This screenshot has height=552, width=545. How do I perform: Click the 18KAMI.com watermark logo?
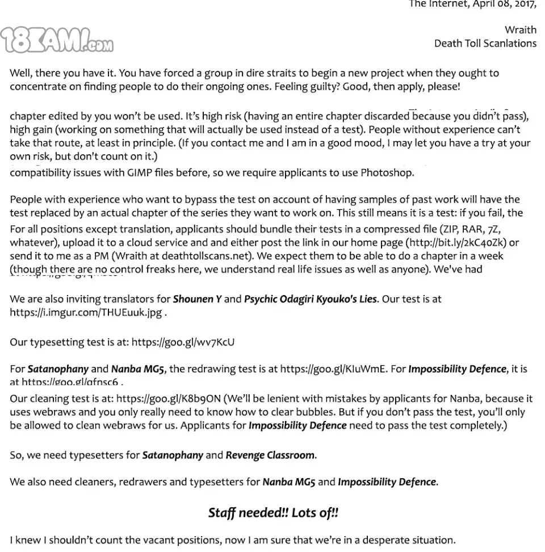click(x=57, y=41)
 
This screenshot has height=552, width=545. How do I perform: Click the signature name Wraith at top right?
click(x=520, y=30)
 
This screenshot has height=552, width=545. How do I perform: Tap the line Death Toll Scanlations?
click(x=485, y=43)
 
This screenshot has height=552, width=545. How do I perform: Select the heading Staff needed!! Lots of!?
click(x=273, y=513)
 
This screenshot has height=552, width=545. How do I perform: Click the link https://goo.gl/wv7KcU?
click(x=183, y=342)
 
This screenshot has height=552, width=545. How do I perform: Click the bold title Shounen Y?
click(x=197, y=299)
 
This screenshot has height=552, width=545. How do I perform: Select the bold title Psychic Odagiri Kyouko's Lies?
click(x=310, y=299)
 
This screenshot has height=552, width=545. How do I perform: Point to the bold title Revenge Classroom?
click(x=270, y=455)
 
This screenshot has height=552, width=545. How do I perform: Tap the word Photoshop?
click(x=387, y=172)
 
